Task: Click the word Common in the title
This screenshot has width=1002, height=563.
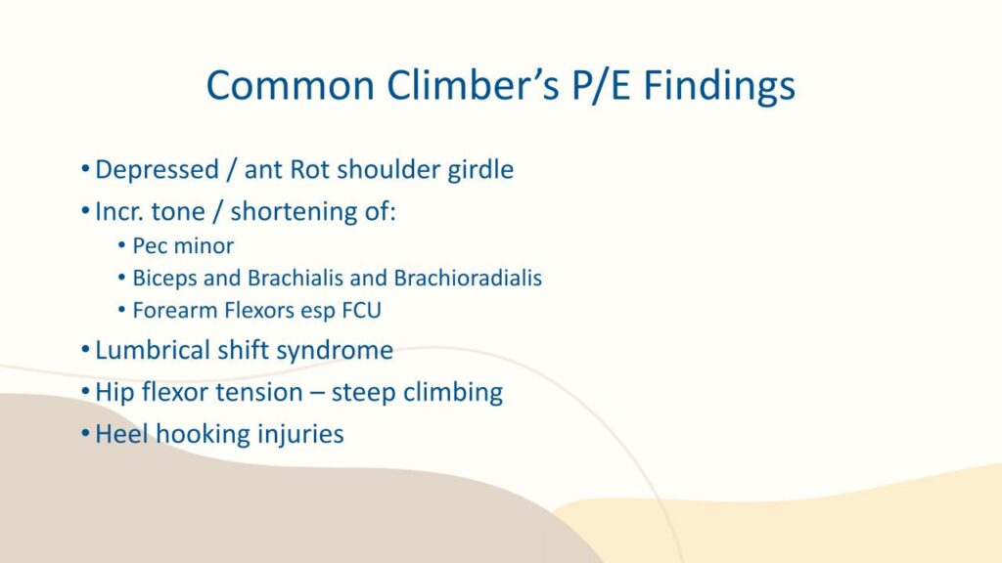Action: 290,86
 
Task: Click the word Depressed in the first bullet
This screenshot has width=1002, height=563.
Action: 158,170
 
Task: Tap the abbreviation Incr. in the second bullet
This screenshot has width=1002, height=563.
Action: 117,211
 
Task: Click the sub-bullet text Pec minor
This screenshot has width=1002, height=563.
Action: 183,245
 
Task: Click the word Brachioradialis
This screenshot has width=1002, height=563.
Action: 468,279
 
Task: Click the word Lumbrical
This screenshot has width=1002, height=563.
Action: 153,351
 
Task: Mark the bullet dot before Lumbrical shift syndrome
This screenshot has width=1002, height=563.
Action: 86,350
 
